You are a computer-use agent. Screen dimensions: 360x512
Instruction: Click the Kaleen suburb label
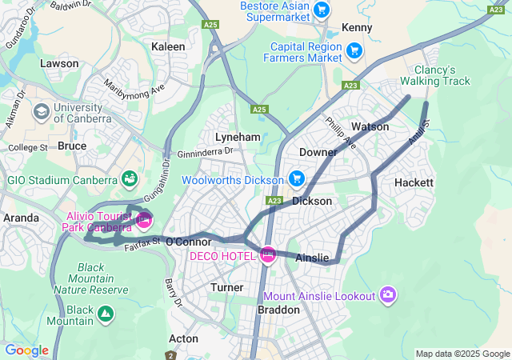click(x=168, y=46)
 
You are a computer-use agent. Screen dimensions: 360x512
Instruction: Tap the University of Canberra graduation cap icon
click(x=41, y=112)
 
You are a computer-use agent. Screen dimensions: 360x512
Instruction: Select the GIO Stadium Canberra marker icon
click(x=129, y=178)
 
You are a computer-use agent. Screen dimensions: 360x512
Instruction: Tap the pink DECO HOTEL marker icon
click(x=268, y=256)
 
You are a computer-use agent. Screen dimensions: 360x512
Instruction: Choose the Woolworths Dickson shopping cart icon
click(x=296, y=178)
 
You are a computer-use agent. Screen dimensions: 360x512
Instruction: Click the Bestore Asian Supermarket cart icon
click(x=322, y=10)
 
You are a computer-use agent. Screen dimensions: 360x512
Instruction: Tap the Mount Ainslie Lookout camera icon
click(x=388, y=295)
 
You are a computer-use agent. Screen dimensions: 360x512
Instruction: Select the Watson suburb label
click(x=370, y=126)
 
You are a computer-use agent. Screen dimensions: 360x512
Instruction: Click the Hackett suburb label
click(x=414, y=182)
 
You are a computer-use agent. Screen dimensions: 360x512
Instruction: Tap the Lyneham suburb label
click(x=238, y=137)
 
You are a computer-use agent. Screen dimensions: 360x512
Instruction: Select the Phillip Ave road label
click(x=341, y=132)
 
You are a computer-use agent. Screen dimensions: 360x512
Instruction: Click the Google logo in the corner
click(x=26, y=350)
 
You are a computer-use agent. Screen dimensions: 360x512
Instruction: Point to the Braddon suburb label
click(x=278, y=310)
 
